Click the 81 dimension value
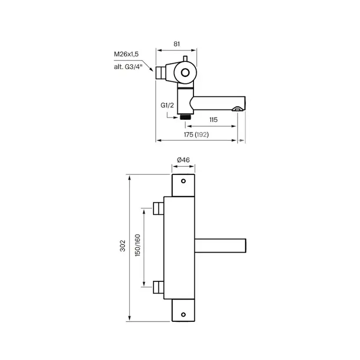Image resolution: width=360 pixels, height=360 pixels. click(x=177, y=44)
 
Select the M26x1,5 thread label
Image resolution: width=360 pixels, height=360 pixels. click(x=126, y=54)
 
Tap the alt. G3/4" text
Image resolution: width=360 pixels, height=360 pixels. click(x=128, y=67)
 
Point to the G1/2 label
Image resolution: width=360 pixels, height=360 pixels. click(x=167, y=105)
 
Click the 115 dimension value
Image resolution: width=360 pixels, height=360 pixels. click(x=213, y=120)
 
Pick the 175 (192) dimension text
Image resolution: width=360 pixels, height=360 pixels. click(x=196, y=134)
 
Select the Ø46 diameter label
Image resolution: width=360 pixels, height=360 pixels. click(x=183, y=160)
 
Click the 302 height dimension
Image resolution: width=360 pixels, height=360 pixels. click(x=123, y=246)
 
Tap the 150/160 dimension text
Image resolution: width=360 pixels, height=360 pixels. click(x=137, y=245)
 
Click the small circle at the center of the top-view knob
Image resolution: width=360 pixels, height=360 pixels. click(x=185, y=73)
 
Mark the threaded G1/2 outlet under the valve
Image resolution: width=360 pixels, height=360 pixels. click(x=185, y=117)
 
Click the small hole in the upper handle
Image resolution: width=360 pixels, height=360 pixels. click(x=183, y=181)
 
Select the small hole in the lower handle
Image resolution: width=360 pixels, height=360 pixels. click(x=183, y=314)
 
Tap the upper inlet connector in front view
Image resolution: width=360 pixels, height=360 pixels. click(x=158, y=208)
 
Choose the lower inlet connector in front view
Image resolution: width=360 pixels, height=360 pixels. click(x=158, y=287)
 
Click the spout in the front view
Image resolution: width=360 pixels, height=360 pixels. click(x=220, y=246)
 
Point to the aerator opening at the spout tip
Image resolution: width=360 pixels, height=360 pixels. click(x=237, y=109)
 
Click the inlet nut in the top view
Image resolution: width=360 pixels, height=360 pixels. click(x=160, y=73)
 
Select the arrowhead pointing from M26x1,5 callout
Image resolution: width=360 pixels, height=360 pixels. click(x=151, y=69)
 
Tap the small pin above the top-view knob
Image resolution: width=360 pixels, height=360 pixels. click(x=185, y=59)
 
